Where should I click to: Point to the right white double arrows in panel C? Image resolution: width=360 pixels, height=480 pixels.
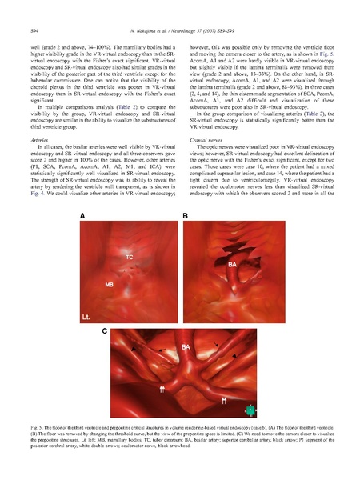(226, 398)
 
